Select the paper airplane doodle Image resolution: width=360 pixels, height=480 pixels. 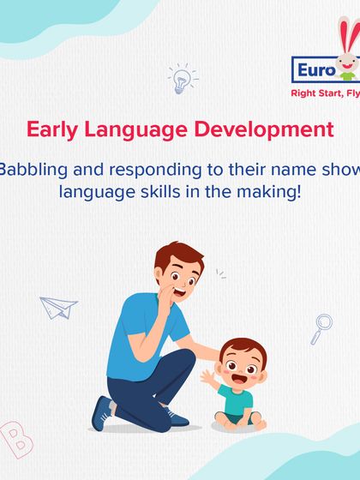point(58,305)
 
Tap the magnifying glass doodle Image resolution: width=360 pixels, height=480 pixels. point(322,326)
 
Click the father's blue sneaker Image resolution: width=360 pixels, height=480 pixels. point(105,416)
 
